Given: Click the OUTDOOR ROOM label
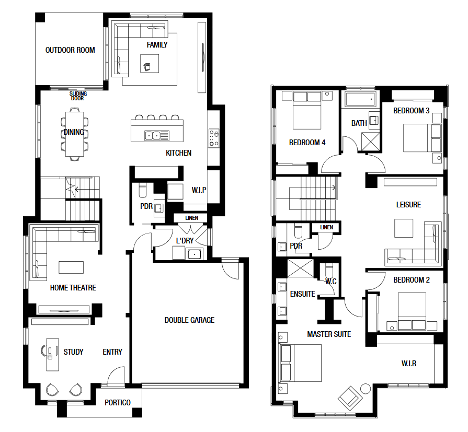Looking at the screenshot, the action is [x=70, y=50].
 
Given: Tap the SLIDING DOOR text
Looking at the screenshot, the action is [x=78, y=96].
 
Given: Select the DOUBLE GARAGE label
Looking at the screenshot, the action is [x=189, y=320].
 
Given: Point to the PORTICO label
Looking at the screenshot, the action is [x=118, y=403].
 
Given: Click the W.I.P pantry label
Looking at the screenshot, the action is [x=199, y=190].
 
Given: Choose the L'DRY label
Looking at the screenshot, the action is [x=185, y=241].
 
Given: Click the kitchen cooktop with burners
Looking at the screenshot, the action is [x=214, y=138].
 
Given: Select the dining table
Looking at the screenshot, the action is [x=75, y=134].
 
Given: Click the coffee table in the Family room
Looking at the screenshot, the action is [x=150, y=63].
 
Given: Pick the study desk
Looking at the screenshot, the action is [x=52, y=355].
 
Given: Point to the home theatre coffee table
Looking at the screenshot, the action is [x=71, y=267].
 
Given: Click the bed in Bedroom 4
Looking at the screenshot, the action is [x=307, y=110].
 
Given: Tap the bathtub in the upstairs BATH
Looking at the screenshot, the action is [x=360, y=99].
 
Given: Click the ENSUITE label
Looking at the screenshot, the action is [x=303, y=294].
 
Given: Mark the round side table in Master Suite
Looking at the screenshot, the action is [x=366, y=389].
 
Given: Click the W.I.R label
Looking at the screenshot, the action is [x=409, y=364].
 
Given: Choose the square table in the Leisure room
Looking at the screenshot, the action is [x=404, y=228].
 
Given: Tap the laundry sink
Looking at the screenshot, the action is [x=194, y=254].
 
